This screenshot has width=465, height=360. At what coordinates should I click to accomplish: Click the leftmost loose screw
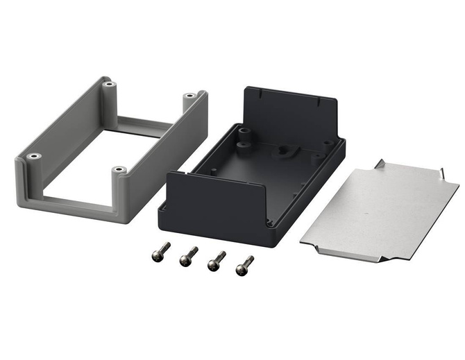(x=160, y=252)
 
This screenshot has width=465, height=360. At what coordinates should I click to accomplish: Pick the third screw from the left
(x=217, y=261)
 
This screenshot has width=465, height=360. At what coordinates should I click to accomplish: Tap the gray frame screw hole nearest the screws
(x=119, y=170)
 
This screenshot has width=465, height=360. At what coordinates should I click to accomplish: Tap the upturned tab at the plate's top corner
(x=380, y=164)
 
